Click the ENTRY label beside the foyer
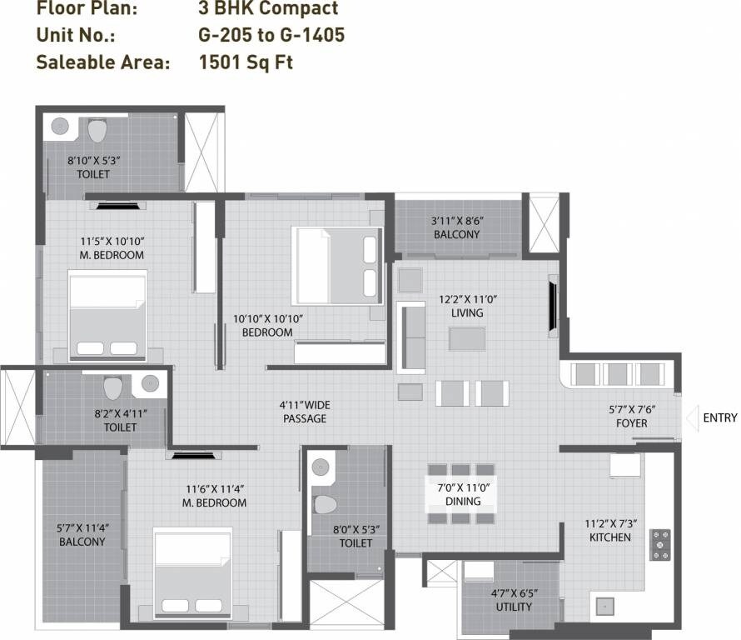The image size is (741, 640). pyautogui.click(x=719, y=417)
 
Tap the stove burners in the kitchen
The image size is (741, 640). pyautogui.click(x=660, y=543)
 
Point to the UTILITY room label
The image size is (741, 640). pyautogui.click(x=513, y=607)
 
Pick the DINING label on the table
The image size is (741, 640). pyautogui.click(x=462, y=502)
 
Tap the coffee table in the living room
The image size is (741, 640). pyautogui.click(x=466, y=338)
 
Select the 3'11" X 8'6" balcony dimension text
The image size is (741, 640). pyautogui.click(x=457, y=221)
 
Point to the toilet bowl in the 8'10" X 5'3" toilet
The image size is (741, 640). pyautogui.click(x=97, y=131)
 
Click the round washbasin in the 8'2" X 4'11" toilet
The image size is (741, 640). pyautogui.click(x=150, y=383)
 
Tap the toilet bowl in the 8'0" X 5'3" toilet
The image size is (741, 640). pyautogui.click(x=325, y=503)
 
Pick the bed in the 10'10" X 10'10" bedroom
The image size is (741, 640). pyautogui.click(x=337, y=265)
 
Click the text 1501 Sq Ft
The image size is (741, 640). pyautogui.click(x=246, y=62)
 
